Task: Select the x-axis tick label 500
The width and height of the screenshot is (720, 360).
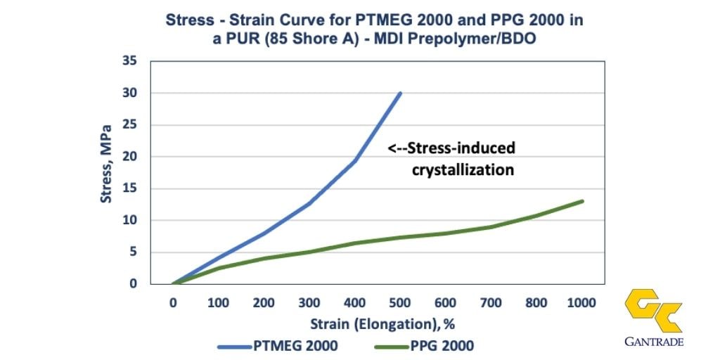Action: [x=400, y=303]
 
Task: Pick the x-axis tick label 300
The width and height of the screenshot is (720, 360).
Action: [x=309, y=303]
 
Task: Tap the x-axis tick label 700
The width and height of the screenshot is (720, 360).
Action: [x=491, y=303]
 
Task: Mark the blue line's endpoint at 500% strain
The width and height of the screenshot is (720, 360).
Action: [x=400, y=93]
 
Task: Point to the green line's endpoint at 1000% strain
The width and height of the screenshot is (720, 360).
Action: [x=582, y=201]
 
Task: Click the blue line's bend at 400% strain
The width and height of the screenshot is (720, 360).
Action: [x=354, y=161]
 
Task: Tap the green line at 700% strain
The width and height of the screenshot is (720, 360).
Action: [x=491, y=226]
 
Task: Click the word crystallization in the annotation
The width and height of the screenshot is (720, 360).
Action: [x=463, y=170]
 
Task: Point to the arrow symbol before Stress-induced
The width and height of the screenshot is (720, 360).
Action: [x=399, y=148]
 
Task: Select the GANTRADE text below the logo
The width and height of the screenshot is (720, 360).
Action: [x=653, y=342]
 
